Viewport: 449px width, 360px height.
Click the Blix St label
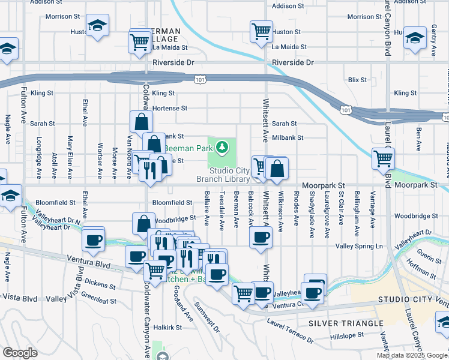(x=357, y=79)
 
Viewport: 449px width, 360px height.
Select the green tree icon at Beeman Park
(x=223, y=146)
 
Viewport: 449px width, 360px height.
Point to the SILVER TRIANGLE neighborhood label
(x=345, y=323)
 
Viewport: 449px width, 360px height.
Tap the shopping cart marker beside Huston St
(x=261, y=31)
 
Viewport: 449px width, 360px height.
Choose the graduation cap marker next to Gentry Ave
(x=415, y=37)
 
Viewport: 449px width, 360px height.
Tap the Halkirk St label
(x=167, y=327)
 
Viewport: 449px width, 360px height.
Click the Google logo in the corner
(x=20, y=353)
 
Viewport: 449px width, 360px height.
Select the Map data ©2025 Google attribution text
(x=412, y=355)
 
